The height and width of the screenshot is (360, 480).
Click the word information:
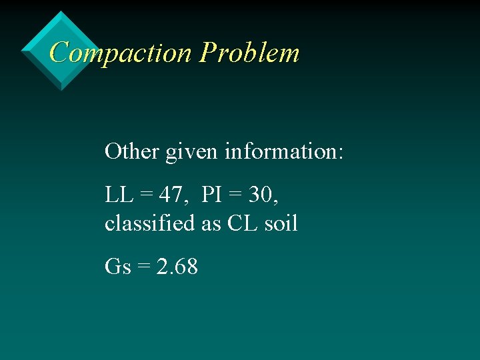tap(284, 151)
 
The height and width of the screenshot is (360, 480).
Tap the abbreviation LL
tap(119, 195)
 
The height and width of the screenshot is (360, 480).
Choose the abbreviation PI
tap(211, 195)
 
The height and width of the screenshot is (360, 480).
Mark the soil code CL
tap(241, 223)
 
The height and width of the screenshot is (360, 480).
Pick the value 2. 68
tap(177, 267)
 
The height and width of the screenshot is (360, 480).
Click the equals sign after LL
tap(145, 196)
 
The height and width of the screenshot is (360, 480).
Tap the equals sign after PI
tap(235, 196)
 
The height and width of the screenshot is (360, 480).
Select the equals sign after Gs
tap(143, 267)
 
